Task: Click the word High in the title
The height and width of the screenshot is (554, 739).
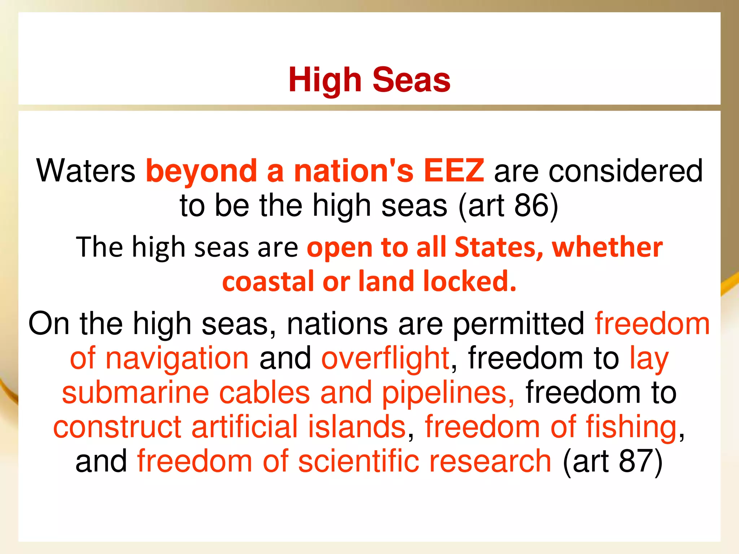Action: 325,80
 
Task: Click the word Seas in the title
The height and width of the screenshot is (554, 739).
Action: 411,80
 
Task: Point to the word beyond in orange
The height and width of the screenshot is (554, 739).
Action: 202,171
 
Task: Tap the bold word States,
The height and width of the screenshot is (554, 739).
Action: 499,247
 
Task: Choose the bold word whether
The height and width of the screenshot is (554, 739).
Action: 607,247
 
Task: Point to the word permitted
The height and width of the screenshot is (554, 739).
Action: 519,324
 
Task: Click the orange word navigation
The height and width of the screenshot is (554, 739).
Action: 177,358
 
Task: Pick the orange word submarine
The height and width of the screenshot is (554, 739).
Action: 136,392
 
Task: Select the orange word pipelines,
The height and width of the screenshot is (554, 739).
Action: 449,392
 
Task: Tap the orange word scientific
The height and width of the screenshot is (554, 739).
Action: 359,461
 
